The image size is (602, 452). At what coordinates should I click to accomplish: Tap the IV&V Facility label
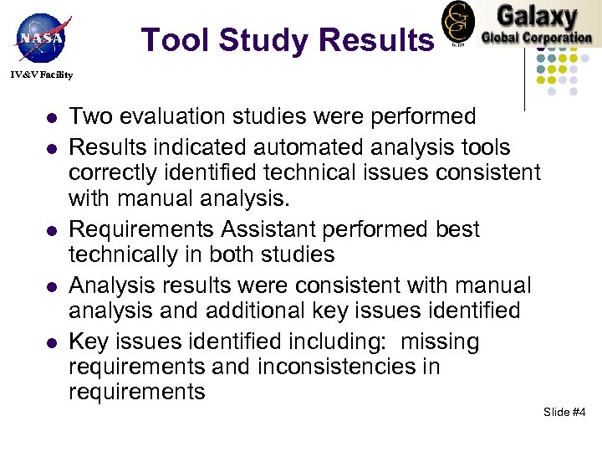tap(41, 75)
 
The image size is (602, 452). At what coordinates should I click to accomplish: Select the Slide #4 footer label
tap(564, 412)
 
